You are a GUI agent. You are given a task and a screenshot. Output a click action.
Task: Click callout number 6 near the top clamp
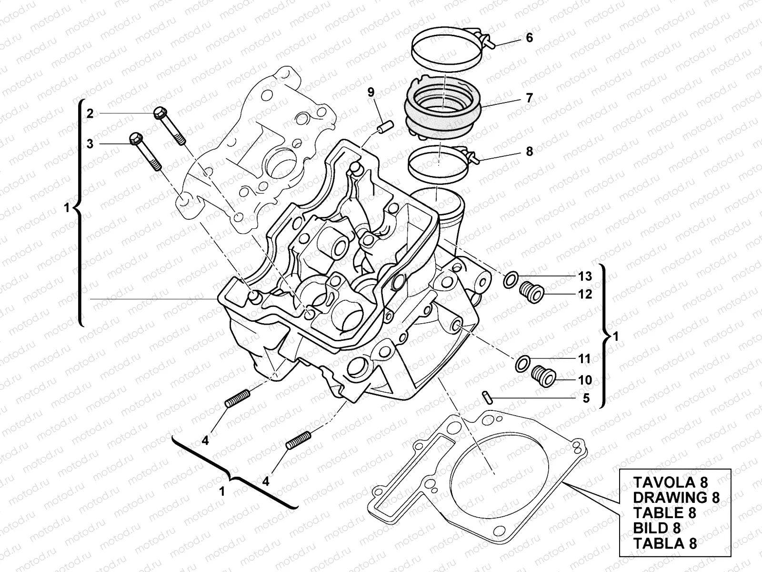coord(529,38)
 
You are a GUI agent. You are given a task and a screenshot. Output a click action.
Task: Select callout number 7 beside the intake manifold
coord(529,98)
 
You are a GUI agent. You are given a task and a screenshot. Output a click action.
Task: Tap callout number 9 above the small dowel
coord(371,92)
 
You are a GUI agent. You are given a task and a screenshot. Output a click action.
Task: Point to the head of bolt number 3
coord(135,139)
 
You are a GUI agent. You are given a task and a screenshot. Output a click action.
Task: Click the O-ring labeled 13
coord(510,280)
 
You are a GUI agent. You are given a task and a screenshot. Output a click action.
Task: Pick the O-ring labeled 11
coord(522,363)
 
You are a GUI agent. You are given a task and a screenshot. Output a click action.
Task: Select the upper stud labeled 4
coord(237,398)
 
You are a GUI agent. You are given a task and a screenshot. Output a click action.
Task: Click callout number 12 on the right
coord(585,294)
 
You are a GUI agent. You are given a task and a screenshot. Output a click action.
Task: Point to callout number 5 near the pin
coord(586,398)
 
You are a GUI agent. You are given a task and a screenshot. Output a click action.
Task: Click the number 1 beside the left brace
coord(66,207)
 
